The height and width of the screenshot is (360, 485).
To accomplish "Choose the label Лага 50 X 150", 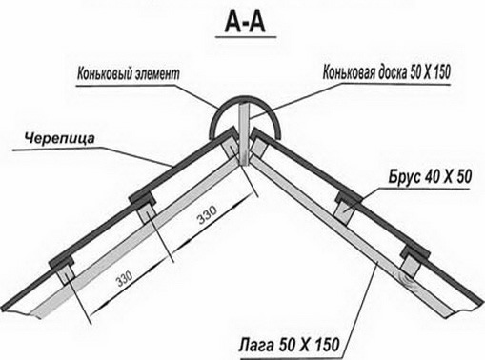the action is [x=287, y=341].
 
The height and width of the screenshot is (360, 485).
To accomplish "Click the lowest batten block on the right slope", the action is [x=414, y=253].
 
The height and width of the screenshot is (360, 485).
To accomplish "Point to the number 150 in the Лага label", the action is [x=321, y=341].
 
